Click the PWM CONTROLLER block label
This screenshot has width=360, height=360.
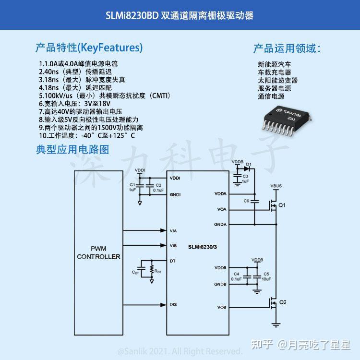tap(99, 252)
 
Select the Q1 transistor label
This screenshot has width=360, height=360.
tap(282, 205)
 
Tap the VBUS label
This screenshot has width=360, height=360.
tap(276, 185)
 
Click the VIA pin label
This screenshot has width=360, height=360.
tap(173, 231)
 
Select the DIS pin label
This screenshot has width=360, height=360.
tap(173, 304)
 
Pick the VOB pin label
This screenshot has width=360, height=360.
tap(221, 307)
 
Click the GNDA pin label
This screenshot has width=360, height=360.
tap(220, 224)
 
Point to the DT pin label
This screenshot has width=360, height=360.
tap(172, 261)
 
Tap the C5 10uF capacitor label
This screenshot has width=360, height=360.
tap(266, 276)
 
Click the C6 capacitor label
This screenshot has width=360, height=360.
tap(246, 201)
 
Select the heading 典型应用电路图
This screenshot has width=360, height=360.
tap(72, 149)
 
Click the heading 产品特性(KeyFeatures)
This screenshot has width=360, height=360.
tap(89, 48)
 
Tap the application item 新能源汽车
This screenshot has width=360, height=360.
tap(275, 64)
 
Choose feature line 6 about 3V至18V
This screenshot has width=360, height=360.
tap(75, 103)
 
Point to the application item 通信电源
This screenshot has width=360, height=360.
tap(271, 96)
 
